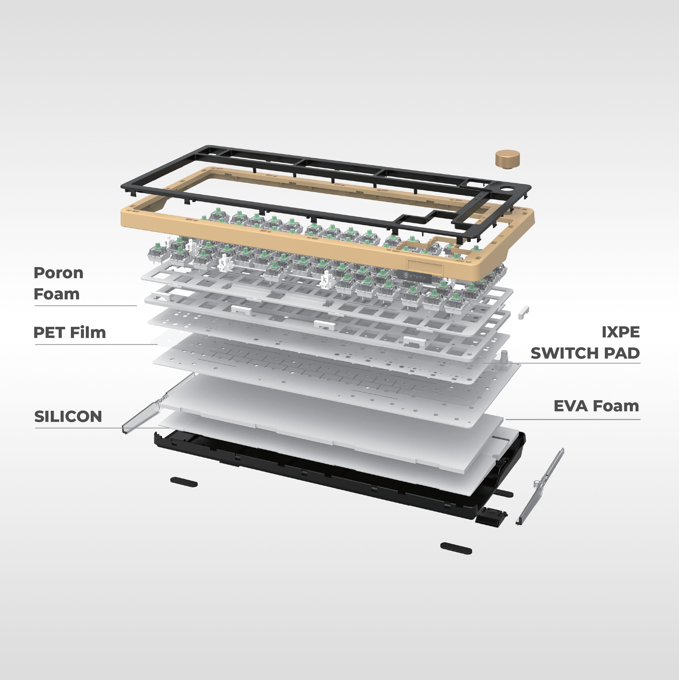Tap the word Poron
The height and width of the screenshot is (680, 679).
(x=58, y=273)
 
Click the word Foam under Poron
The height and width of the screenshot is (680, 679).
(x=57, y=294)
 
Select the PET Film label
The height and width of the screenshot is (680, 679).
(x=70, y=333)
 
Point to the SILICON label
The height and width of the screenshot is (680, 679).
(x=68, y=417)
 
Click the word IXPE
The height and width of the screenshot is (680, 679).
(x=621, y=332)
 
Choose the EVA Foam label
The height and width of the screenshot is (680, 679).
(x=596, y=406)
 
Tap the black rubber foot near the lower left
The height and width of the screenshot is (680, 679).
(x=184, y=482)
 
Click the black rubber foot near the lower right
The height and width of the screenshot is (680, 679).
(x=456, y=548)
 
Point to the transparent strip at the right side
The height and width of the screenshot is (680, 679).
(x=540, y=486)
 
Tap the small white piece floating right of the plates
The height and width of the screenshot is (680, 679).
(x=523, y=312)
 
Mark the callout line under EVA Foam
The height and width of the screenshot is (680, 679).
(x=573, y=419)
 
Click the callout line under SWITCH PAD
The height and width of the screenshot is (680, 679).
(x=561, y=363)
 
